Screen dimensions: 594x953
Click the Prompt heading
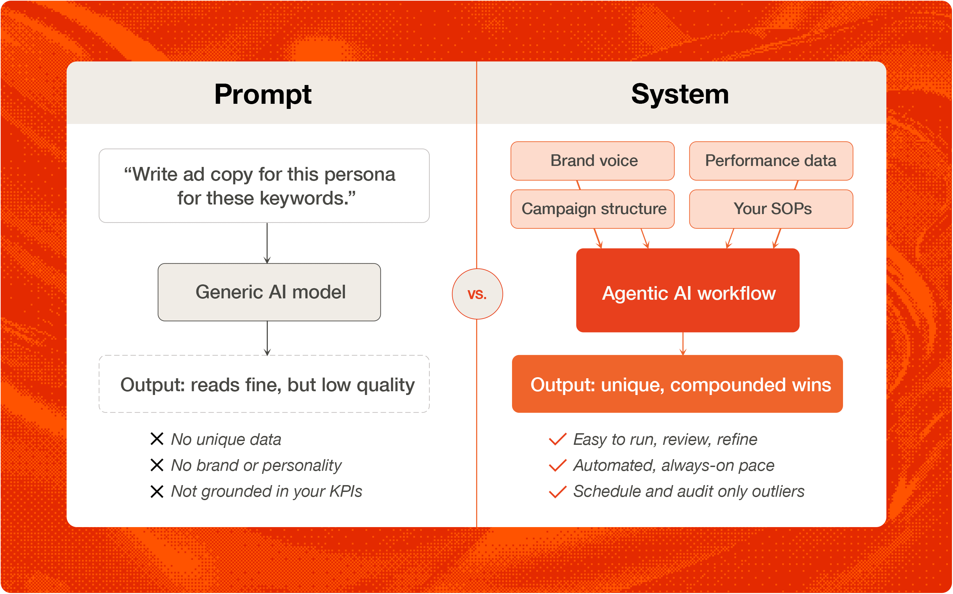pyautogui.click(x=263, y=94)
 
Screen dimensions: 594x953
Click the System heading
pyautogui.click(x=680, y=94)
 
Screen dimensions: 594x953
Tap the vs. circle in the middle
pyautogui.click(x=477, y=294)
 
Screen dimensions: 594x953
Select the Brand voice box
pyautogui.click(x=592, y=161)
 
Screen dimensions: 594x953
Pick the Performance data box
pyautogui.click(x=771, y=161)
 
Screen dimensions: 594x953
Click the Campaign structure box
pyautogui.click(x=592, y=209)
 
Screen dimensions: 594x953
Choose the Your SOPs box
pyautogui.click(x=771, y=209)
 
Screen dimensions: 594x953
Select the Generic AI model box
pyautogui.click(x=269, y=292)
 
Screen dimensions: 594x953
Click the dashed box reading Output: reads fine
pyautogui.click(x=264, y=384)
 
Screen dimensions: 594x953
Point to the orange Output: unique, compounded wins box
pyautogui.click(x=677, y=384)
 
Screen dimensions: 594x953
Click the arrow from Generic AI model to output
pyautogui.click(x=267, y=338)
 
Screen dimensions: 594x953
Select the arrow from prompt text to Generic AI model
pyautogui.click(x=267, y=243)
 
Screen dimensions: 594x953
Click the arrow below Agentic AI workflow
pyautogui.click(x=683, y=343)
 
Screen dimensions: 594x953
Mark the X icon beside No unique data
pyautogui.click(x=157, y=439)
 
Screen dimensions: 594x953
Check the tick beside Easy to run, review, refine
pyautogui.click(x=557, y=439)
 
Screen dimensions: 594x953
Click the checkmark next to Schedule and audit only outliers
pyautogui.click(x=557, y=492)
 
